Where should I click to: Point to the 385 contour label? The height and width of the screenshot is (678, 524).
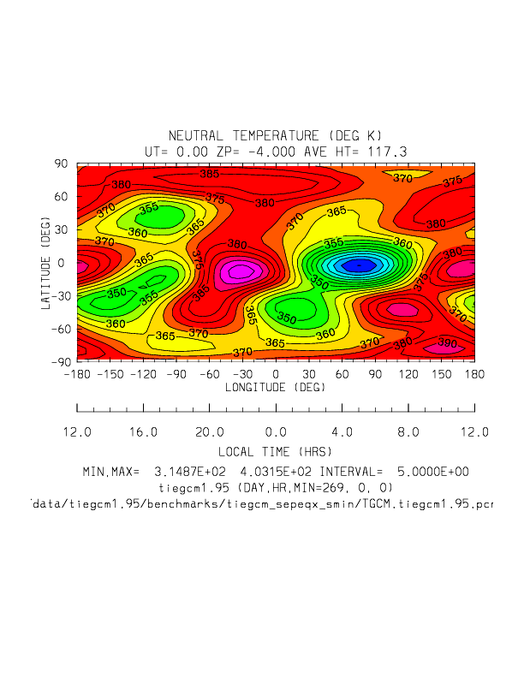click(209, 175)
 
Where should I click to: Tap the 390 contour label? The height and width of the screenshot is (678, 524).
click(446, 344)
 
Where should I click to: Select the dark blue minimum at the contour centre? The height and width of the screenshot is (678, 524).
click(359, 265)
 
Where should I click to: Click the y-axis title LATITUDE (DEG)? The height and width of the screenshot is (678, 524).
click(44, 262)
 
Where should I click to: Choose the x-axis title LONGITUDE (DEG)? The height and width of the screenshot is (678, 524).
click(275, 387)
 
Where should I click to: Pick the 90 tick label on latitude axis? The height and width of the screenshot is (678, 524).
click(62, 164)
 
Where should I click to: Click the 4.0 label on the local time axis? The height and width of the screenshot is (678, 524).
click(342, 431)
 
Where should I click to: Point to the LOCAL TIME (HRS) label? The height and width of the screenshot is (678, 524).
click(275, 451)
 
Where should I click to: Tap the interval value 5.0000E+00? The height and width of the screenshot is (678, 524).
click(433, 472)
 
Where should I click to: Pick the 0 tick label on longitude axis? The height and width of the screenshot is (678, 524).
click(276, 374)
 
